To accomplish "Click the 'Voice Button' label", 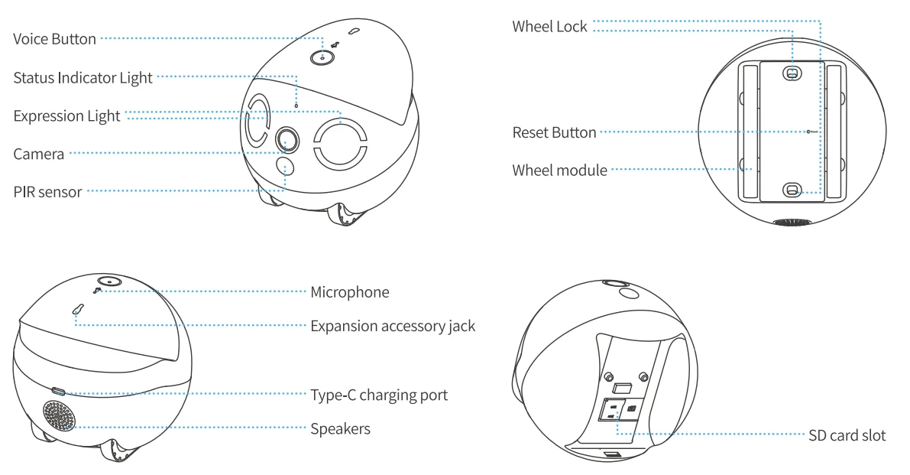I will [55, 39].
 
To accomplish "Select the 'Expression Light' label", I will [66, 115].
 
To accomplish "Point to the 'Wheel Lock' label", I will [549, 28].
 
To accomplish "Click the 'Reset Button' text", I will [553, 132].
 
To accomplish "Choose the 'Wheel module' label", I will [559, 171].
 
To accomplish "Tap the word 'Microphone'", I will [350, 292].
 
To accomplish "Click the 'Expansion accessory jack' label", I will [393, 326].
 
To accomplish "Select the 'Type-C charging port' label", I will [379, 395].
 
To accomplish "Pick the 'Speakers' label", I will [340, 429].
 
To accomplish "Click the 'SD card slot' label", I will [847, 436].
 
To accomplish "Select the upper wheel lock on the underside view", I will [792, 73].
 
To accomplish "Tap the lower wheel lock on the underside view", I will [792, 190].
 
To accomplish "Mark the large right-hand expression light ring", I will [342, 142].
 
